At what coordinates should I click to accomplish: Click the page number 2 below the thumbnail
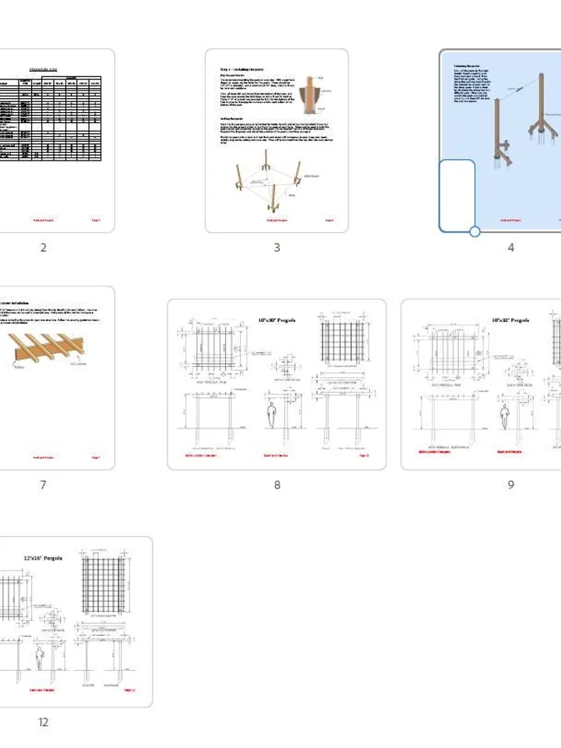(43, 248)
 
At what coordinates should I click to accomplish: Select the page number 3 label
(277, 248)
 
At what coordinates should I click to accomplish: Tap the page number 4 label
(511, 248)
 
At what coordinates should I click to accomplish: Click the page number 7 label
(43, 485)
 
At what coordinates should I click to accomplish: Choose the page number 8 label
(277, 485)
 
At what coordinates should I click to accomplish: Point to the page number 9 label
(511, 485)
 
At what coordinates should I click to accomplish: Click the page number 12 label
(43, 722)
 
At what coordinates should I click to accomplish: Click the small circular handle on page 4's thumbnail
(475, 231)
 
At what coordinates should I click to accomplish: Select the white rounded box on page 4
(457, 195)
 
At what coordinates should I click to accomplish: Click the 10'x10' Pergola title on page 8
(277, 320)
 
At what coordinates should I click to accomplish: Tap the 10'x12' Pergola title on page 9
(511, 320)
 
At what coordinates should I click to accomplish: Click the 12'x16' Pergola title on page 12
(43, 558)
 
